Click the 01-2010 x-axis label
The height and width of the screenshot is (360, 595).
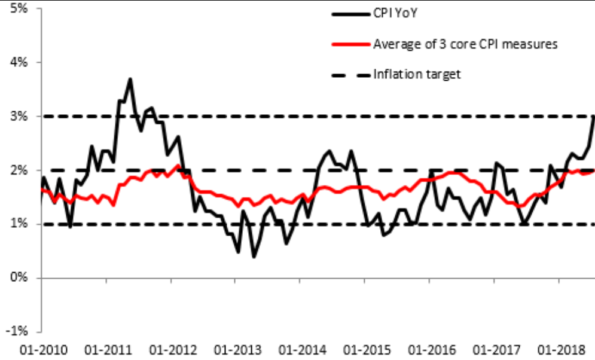pos(41,349)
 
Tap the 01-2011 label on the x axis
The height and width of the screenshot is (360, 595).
pos(106,349)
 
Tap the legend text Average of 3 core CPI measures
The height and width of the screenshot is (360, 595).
pos(465,44)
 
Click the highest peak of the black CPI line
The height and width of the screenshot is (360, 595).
pos(130,79)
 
